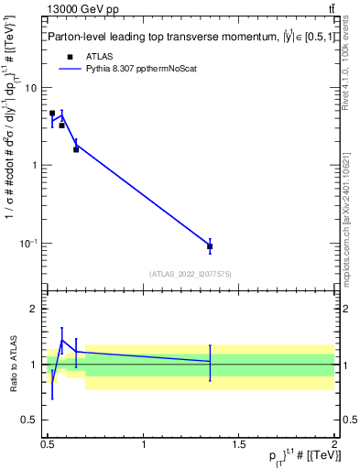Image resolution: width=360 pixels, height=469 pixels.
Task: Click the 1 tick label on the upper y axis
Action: click(34, 166)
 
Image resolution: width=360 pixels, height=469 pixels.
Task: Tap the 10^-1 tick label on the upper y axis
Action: click(29, 243)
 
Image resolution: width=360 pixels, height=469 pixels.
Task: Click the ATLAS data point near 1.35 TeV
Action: click(210, 246)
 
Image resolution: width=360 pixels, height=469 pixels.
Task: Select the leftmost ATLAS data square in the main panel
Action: click(52, 114)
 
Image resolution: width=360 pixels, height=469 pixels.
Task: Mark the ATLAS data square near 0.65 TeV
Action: click(76, 148)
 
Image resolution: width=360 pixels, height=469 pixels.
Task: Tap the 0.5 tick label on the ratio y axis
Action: click(30, 420)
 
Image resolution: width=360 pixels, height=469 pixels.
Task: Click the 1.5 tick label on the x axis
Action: click(239, 444)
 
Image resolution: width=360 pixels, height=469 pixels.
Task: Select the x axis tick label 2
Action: click(334, 444)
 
